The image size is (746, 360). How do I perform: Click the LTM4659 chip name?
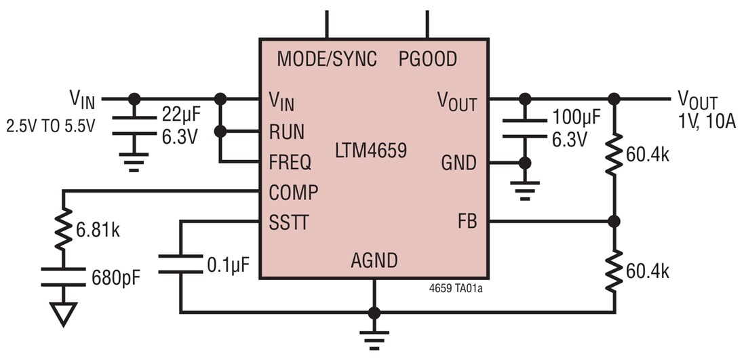click(371, 150)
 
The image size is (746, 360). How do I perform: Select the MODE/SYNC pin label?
click(326, 59)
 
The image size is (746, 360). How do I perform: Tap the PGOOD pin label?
click(427, 59)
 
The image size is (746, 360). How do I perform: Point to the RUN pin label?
click(287, 132)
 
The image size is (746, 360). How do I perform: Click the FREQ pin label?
click(290, 163)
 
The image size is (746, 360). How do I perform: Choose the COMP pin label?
click(293, 193)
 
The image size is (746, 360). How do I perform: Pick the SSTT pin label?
click(289, 222)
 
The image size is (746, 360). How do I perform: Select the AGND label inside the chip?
click(374, 260)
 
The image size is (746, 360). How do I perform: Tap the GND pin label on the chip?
click(459, 163)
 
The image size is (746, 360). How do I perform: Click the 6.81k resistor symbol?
click(62, 230)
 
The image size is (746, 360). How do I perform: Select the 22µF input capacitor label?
click(180, 114)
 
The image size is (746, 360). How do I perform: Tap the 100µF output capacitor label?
click(574, 118)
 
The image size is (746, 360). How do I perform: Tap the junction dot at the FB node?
click(614, 222)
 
